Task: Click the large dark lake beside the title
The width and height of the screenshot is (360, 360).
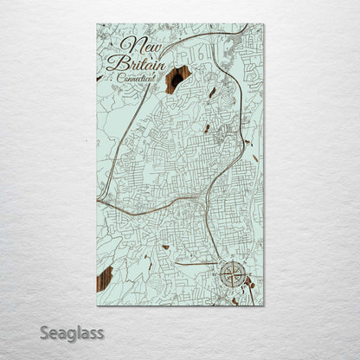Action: coord(178,78)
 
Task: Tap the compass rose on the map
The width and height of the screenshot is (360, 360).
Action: coord(231,274)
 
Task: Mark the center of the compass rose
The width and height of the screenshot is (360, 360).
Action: coord(231,274)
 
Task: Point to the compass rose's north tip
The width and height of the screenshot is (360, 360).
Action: coord(231,259)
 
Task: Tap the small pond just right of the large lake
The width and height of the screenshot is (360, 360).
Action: coord(211,92)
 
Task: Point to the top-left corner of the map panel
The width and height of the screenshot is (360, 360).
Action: coord(96,24)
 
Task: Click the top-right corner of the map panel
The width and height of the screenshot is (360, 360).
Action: coord(264,24)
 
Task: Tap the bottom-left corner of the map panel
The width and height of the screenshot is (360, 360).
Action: coord(96,306)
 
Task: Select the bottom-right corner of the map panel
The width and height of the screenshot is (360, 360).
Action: coord(264,306)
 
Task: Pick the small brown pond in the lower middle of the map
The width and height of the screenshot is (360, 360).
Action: coord(164,247)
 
